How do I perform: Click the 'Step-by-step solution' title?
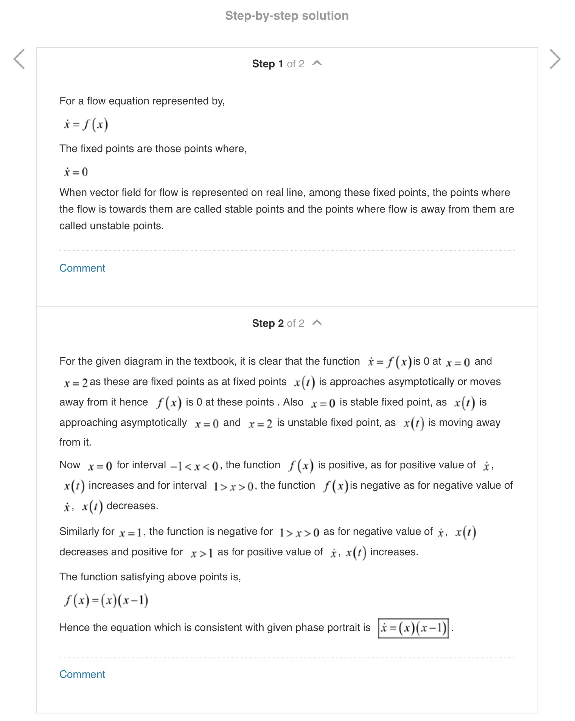point(287,16)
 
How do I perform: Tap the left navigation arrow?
point(19,59)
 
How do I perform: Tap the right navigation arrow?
point(555,59)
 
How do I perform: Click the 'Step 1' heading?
point(267,64)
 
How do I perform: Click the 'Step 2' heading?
point(267,323)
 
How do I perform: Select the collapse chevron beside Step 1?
point(317,63)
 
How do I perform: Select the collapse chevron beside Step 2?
point(317,323)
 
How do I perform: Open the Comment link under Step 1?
point(82,268)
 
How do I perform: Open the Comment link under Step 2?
point(82,674)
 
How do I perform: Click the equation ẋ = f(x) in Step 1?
point(86,124)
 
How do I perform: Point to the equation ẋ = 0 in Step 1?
point(76,172)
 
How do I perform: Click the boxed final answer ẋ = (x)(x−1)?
point(413,628)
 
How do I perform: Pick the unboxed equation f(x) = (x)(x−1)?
point(106,600)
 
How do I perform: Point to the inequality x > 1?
point(201,553)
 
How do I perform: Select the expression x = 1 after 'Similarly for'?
point(130,533)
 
